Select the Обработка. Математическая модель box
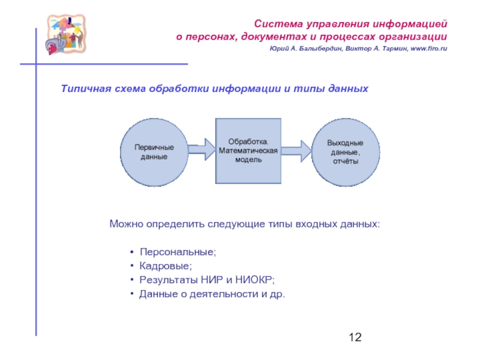click(248, 151)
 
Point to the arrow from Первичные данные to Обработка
click(200, 149)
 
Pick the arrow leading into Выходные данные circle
click(296, 149)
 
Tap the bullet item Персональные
click(178, 251)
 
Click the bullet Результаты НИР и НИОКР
click(207, 280)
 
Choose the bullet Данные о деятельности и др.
click(212, 294)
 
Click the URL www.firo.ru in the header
click(425, 49)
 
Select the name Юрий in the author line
click(278, 49)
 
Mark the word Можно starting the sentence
click(124, 224)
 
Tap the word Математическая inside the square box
click(248, 151)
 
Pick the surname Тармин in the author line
click(391, 49)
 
